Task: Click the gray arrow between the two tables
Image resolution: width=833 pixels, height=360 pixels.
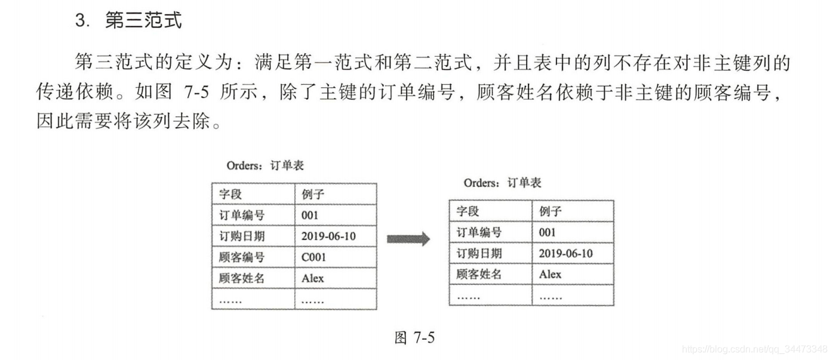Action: coord(408,239)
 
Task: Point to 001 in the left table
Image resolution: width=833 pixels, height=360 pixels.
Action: coord(310,216)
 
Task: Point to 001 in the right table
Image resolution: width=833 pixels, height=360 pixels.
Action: coord(547,233)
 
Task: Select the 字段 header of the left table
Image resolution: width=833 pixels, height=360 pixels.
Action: coord(230,194)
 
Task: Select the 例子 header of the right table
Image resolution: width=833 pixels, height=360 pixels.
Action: coord(551,211)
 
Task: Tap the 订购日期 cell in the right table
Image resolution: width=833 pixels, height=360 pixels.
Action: coord(479,254)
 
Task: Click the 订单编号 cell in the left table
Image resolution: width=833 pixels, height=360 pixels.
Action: coord(242,216)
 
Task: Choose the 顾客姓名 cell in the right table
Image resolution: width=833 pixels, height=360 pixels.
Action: coord(479,275)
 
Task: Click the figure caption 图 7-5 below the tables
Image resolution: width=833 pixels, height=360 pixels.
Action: coord(414,338)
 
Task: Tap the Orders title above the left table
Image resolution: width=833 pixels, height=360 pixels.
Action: coord(265,165)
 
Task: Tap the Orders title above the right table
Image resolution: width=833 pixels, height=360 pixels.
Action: coord(502,183)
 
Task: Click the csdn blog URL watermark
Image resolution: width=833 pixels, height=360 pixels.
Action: coord(755,349)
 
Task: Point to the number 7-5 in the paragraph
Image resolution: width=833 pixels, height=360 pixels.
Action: coord(196,91)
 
